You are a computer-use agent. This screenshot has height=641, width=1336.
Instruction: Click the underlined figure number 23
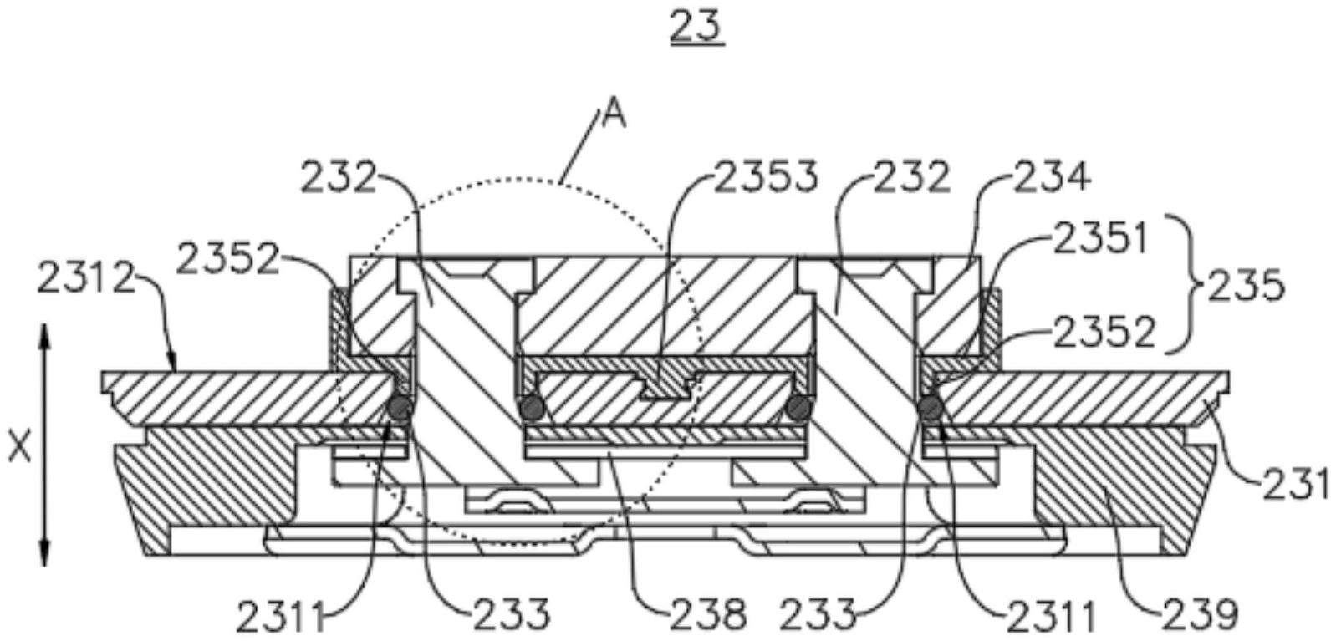pyautogui.click(x=696, y=28)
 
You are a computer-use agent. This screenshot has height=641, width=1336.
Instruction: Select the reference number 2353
pyautogui.click(x=767, y=177)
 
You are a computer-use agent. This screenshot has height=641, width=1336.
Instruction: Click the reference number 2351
pyautogui.click(x=1101, y=238)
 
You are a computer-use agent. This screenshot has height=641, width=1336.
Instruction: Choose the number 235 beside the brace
pyautogui.click(x=1247, y=286)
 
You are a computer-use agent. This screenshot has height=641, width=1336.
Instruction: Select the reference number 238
pyautogui.click(x=708, y=615)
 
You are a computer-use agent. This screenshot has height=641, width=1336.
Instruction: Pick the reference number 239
pyautogui.click(x=1200, y=615)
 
